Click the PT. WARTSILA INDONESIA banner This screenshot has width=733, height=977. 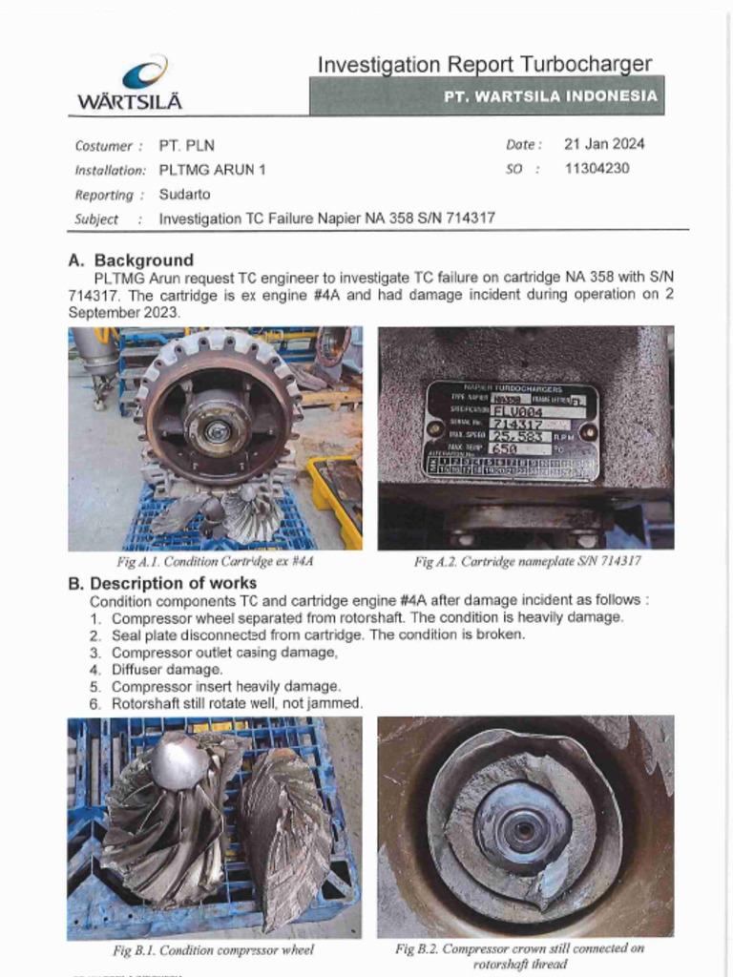pyautogui.click(x=550, y=96)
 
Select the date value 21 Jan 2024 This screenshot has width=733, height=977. pyautogui.click(x=603, y=145)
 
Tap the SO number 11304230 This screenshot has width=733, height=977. pyautogui.click(x=597, y=169)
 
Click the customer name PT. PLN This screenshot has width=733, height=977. pyautogui.click(x=187, y=146)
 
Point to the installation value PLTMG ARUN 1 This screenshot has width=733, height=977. pyautogui.click(x=212, y=170)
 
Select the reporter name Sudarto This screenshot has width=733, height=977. pyautogui.click(x=184, y=195)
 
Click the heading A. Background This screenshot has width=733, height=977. pyautogui.click(x=131, y=260)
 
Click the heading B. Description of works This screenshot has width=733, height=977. pyautogui.click(x=161, y=583)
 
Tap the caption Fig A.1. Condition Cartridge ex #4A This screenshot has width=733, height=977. pyautogui.click(x=215, y=562)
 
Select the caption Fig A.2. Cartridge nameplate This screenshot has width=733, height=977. pyautogui.click(x=527, y=562)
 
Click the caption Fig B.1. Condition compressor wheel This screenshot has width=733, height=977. pyautogui.click(x=213, y=950)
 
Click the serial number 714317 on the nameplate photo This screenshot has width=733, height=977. pyautogui.click(x=516, y=424)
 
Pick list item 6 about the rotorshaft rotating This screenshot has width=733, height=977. pyautogui.click(x=237, y=703)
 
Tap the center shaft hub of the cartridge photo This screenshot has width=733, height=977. pyautogui.click(x=218, y=431)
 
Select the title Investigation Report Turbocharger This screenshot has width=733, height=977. pyautogui.click(x=485, y=65)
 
